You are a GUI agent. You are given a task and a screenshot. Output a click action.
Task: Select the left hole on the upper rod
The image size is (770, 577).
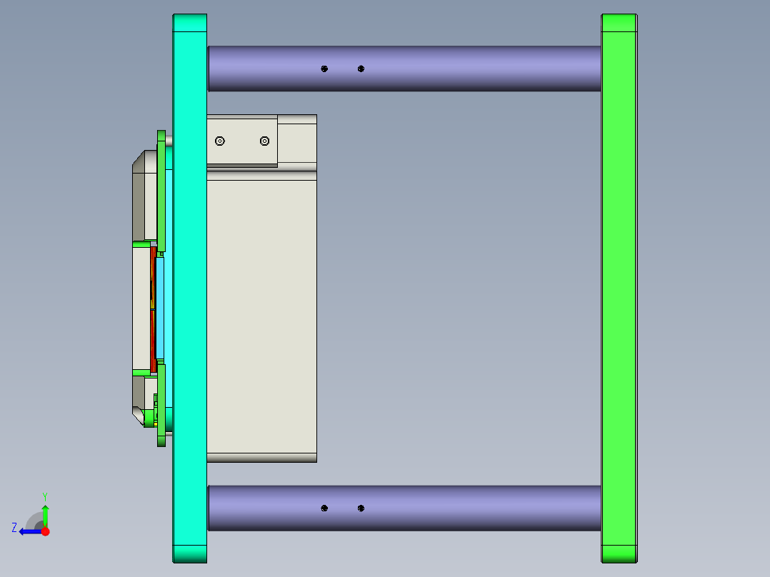coord(324,69)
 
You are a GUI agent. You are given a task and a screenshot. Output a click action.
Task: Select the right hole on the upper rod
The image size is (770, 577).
coord(361,69)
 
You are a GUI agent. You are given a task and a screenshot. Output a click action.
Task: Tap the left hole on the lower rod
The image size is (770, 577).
coord(324,508)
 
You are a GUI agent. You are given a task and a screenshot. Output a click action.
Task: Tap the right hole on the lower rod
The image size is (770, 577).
coord(361,508)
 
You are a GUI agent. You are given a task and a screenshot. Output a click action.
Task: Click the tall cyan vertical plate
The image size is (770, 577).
coord(190,286)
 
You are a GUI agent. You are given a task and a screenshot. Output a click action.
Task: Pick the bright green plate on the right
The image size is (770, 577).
coord(619,286)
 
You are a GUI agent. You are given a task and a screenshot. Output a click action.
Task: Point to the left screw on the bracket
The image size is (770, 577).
coord(220,141)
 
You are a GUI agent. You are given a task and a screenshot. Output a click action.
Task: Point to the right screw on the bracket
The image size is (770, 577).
coord(265,141)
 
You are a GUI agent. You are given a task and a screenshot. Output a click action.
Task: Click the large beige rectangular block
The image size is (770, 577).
coord(261,314)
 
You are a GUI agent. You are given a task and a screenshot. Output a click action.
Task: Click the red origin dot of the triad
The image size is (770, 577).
coord(45,531)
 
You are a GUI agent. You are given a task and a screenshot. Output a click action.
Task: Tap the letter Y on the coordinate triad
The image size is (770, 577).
coord(45,496)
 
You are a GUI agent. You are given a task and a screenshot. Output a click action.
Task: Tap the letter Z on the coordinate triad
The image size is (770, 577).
coord(14,528)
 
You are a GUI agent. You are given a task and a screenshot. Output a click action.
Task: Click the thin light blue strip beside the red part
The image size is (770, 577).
coord(160,307)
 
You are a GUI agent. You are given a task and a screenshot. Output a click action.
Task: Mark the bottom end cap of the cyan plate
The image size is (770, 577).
coord(190,553)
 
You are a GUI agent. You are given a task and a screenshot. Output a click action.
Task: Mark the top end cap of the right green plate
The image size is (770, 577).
coord(619,23)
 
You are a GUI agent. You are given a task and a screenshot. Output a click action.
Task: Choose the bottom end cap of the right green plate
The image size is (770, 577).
coord(619,553)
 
